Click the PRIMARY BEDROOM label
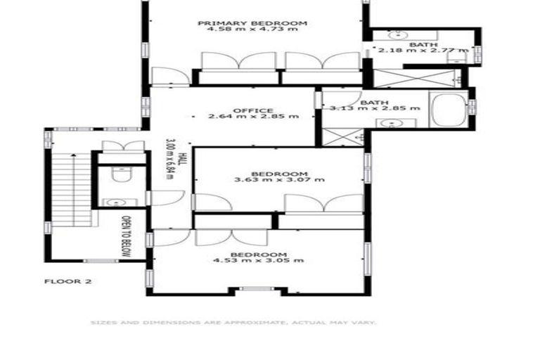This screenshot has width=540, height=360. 252,23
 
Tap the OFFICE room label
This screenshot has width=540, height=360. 253,109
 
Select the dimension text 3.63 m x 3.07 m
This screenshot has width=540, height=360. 279,180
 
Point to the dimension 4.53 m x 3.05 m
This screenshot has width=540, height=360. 258,260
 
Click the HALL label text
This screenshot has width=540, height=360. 181,160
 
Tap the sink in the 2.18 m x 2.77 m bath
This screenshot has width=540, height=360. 398,33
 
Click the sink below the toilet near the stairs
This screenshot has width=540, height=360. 112,202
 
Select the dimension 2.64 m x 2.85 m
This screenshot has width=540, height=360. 253,116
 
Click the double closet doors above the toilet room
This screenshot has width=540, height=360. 123,146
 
